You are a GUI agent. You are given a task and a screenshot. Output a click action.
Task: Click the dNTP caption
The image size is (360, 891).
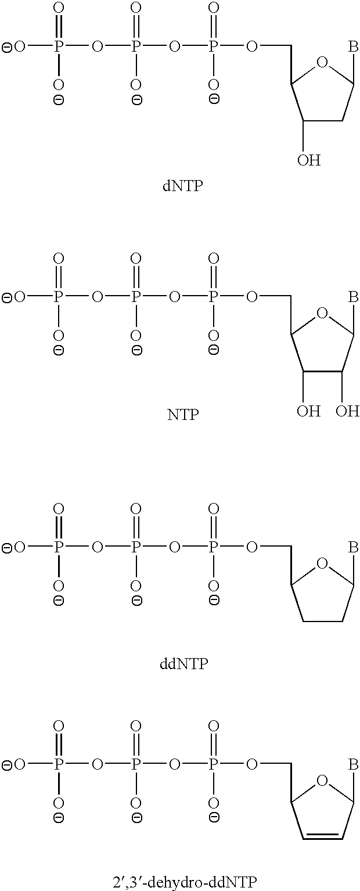click(182, 186)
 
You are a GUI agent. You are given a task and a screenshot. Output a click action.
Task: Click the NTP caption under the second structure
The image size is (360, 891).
click(183, 415)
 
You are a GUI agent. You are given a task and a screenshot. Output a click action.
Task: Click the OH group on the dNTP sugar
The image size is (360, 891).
click(309, 160)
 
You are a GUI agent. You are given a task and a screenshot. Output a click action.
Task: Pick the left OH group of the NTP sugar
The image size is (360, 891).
click(309, 411)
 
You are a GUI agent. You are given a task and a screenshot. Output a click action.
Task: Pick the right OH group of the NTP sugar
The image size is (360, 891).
click(347, 411)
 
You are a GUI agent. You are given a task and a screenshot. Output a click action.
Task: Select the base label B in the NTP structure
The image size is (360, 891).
click(353, 297)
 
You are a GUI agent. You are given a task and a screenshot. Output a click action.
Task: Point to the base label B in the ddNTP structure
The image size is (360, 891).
click(353, 548)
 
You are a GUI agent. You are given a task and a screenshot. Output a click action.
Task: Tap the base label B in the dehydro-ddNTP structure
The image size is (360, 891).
click(353, 764)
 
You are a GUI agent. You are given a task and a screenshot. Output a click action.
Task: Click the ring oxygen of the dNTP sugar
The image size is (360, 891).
click(322, 63)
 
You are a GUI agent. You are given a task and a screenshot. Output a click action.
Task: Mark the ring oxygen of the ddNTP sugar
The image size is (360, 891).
click(322, 563)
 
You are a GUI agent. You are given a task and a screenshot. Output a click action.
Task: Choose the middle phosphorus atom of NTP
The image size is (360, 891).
click(136, 297)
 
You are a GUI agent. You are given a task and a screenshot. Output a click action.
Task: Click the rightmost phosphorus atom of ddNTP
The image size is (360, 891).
click(214, 548)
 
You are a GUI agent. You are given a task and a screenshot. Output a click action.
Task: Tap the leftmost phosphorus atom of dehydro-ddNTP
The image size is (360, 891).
click(59, 764)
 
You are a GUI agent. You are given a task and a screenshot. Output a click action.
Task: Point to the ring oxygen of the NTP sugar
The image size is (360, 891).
click(322, 313)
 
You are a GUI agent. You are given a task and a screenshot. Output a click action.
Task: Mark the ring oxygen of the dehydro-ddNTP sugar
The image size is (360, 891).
click(322, 781)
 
